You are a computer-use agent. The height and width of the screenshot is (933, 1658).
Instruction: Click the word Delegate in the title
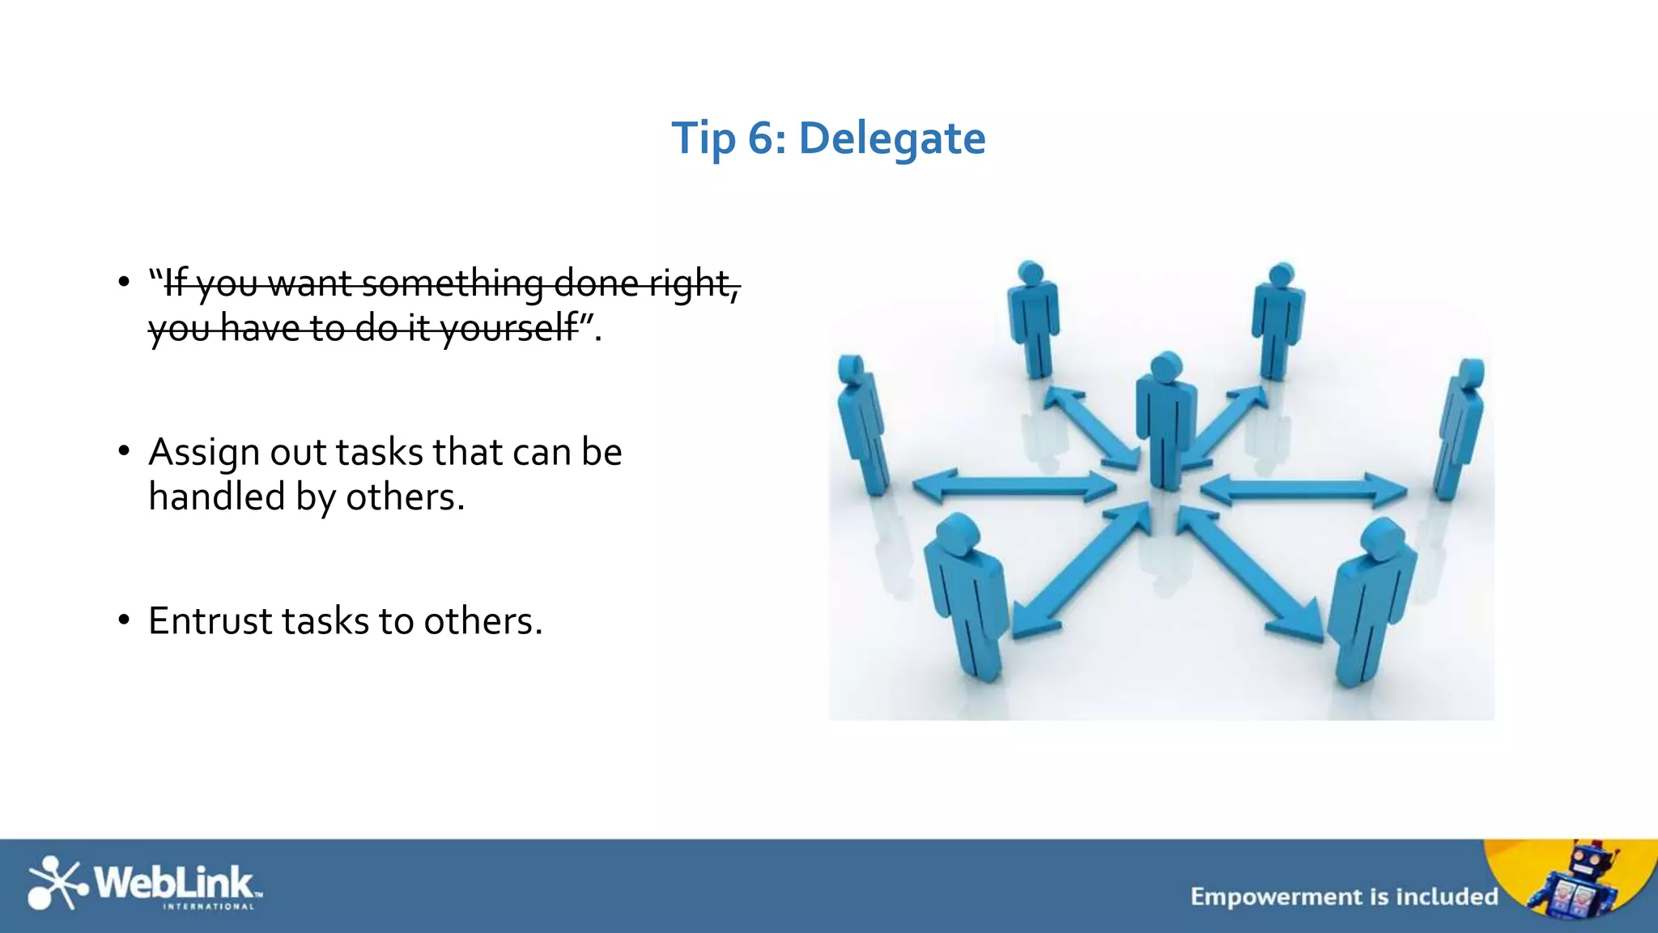[x=891, y=138]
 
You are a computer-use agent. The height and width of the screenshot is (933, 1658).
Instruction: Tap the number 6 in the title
[x=760, y=138]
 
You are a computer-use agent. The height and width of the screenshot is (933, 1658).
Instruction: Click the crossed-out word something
[x=453, y=283]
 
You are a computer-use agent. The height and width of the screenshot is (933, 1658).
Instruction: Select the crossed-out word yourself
[x=509, y=328]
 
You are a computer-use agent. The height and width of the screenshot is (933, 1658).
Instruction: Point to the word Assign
[x=205, y=453]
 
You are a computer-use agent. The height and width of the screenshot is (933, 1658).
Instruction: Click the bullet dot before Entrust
[x=123, y=621]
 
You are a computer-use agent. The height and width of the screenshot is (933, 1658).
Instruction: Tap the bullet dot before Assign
[x=123, y=452]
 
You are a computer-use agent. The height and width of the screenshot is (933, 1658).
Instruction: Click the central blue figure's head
[x=1167, y=367]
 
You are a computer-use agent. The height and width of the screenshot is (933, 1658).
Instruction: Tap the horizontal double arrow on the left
[x=1014, y=486]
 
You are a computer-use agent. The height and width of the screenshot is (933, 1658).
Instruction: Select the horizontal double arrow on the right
[x=1303, y=489]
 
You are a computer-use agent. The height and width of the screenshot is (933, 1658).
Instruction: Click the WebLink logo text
[x=174, y=882]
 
